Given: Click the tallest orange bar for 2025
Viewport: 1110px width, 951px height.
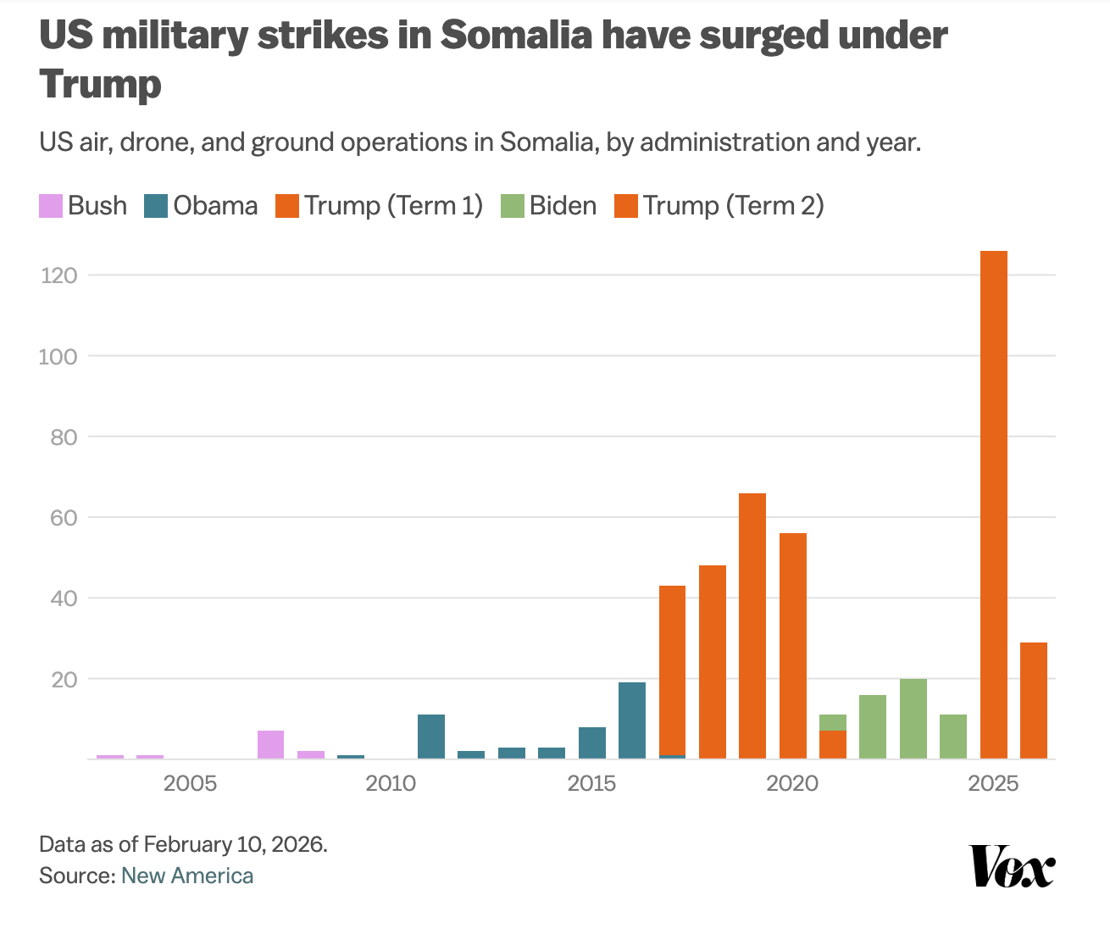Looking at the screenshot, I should point(993,504).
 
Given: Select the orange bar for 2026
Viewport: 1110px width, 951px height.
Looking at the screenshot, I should point(1033,700).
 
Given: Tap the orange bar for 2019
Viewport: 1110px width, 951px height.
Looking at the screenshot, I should point(752,626).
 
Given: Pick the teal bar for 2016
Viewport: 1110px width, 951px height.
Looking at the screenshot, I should point(632,720).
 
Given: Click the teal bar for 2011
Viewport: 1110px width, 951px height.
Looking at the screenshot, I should point(431,737).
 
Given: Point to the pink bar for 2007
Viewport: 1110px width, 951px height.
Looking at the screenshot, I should point(270,744).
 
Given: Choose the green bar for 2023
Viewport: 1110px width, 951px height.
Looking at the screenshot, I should point(913,719).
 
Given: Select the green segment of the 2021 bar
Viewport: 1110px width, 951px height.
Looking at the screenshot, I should point(833,722).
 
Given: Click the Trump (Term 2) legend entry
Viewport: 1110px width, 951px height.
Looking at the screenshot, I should point(719,206).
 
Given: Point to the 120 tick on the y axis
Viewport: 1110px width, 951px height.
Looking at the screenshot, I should point(58,275).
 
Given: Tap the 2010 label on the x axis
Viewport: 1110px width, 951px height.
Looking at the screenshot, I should point(391,783).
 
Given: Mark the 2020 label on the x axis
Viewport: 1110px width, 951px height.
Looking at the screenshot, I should point(792,783).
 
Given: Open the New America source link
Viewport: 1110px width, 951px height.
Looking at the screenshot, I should point(187,876).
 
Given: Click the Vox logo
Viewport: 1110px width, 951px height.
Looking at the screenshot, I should point(1013,865).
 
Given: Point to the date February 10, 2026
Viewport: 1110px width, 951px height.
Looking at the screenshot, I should point(235,844).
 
